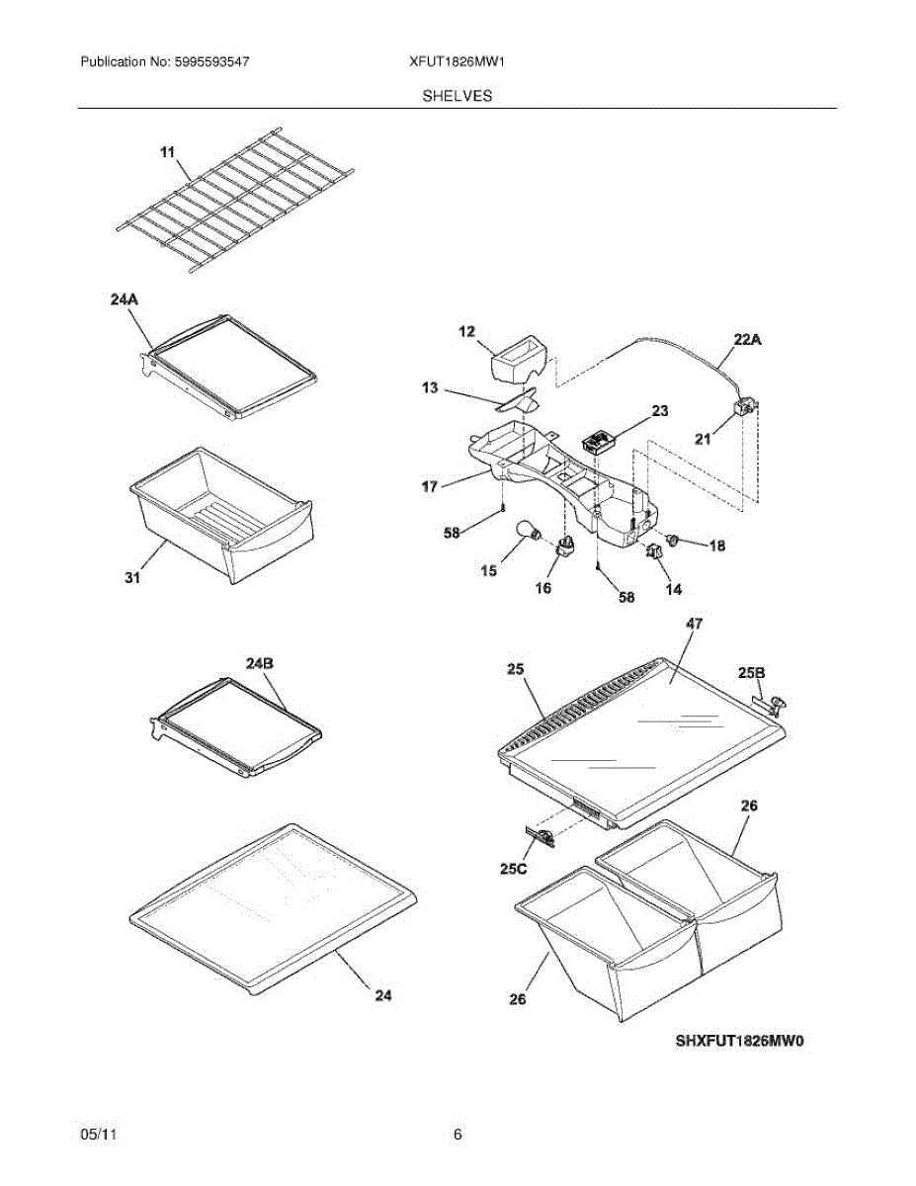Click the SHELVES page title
[x=458, y=96]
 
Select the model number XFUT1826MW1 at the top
[x=458, y=61]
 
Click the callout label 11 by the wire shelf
[x=167, y=152]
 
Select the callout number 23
[x=659, y=409]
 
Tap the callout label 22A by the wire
[x=747, y=339]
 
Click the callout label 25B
[x=751, y=673]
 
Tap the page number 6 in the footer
[x=458, y=1135]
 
